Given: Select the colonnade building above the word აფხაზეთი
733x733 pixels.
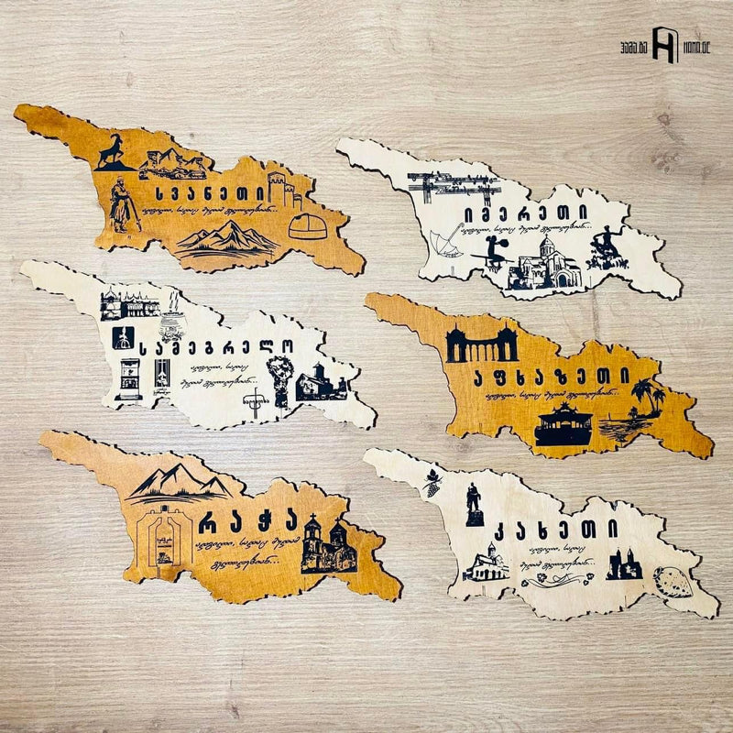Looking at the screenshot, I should pos(481,345).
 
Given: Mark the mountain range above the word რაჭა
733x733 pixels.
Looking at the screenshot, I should pos(179,481).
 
